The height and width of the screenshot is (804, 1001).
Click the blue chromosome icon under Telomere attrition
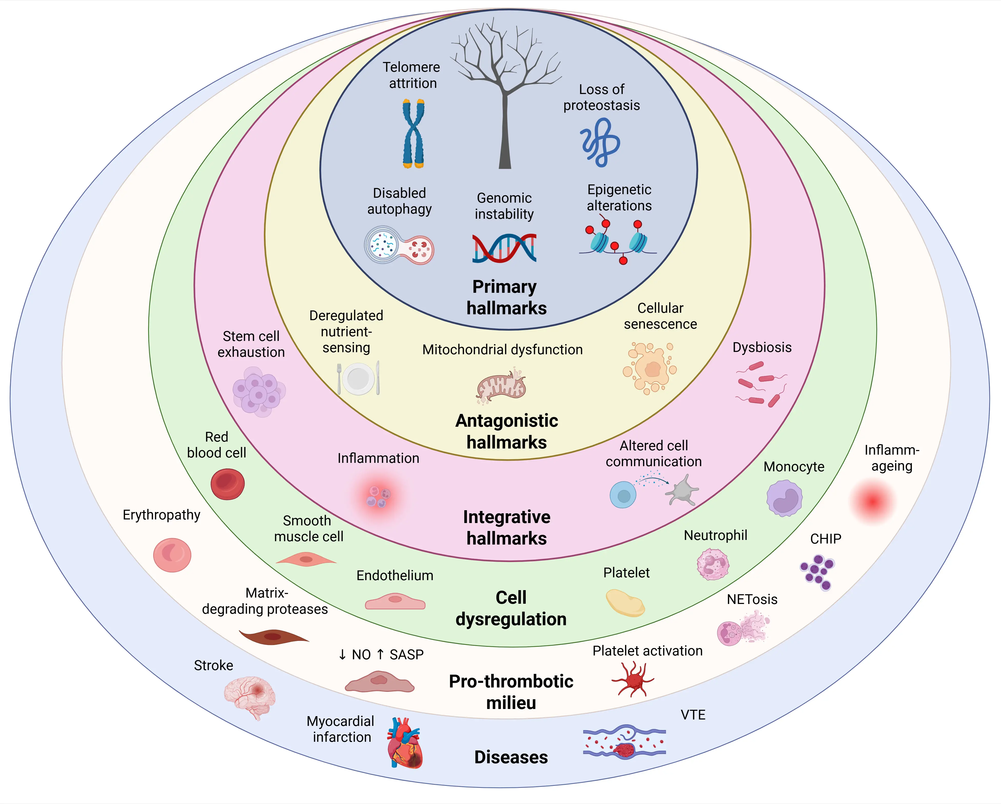(413, 134)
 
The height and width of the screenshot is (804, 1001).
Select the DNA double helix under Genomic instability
(504, 248)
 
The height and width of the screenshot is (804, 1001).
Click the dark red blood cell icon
(228, 484)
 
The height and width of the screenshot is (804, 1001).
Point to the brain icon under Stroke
(249, 696)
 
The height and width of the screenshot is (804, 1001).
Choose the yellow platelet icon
(625, 603)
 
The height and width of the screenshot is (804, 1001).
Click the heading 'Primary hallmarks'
(506, 297)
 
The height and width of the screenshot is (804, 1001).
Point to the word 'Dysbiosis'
(762, 348)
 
